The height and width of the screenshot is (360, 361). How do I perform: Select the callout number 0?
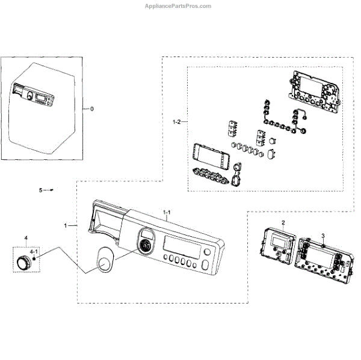click(x=92, y=110)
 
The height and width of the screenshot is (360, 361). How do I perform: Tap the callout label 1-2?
click(x=176, y=122)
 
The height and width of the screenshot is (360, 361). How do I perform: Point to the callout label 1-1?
click(x=167, y=212)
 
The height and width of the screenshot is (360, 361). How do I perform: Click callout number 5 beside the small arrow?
click(x=41, y=190)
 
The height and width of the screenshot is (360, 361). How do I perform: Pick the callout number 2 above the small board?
click(x=283, y=223)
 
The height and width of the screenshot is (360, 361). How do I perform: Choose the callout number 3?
click(x=322, y=236)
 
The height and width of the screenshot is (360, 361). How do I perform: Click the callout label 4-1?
click(x=34, y=250)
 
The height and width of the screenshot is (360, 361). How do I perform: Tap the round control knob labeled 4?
click(x=24, y=261)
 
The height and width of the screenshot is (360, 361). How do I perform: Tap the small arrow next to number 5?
click(x=52, y=189)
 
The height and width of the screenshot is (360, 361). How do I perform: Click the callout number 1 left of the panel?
click(x=66, y=225)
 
